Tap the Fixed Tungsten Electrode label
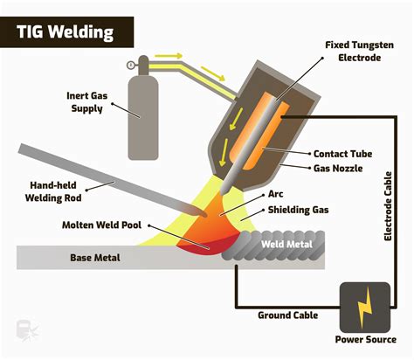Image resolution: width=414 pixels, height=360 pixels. point(357,50)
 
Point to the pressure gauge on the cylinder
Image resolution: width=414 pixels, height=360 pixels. point(131,64)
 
